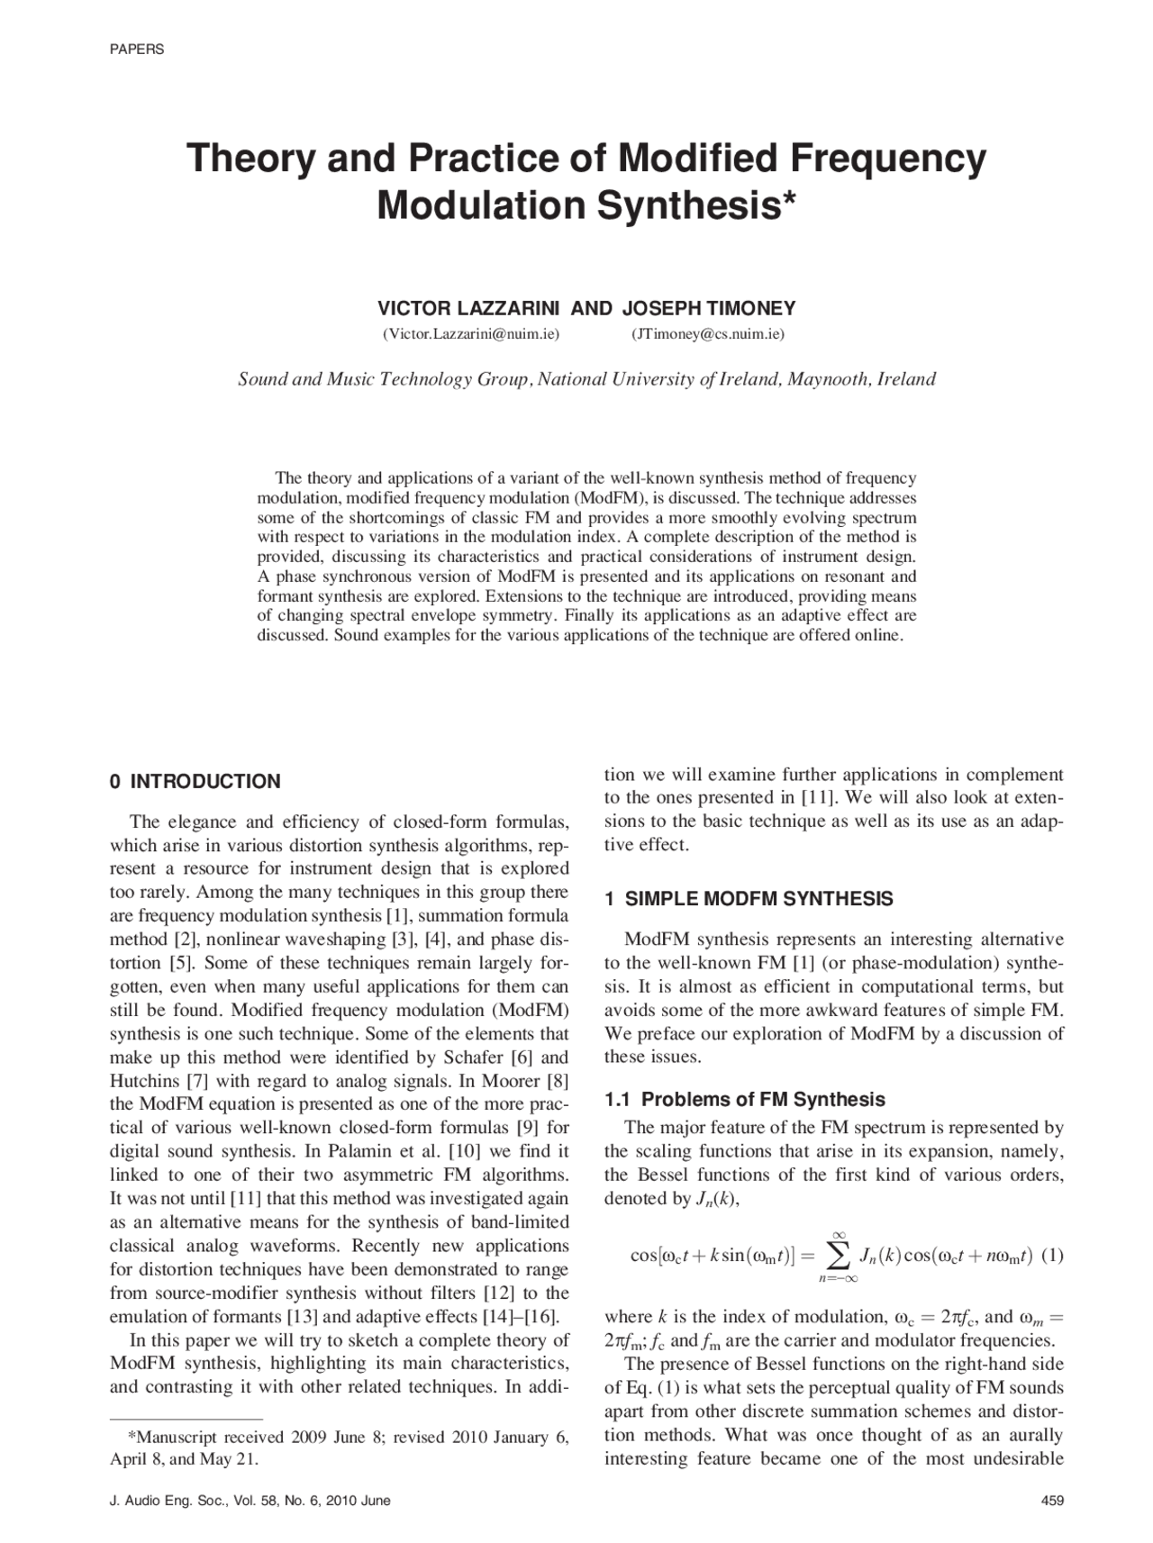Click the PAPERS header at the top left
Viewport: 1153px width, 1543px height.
tap(137, 50)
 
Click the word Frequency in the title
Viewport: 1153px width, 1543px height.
tap(888, 159)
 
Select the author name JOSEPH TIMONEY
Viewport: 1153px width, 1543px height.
tap(709, 309)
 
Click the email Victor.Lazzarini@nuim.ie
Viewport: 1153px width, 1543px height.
tap(471, 334)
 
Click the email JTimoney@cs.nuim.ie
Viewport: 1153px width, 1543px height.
tap(707, 334)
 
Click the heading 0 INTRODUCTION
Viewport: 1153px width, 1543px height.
tap(195, 782)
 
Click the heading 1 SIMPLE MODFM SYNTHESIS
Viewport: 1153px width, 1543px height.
tap(749, 899)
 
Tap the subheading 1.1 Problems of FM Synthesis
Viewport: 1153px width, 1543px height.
tap(744, 1099)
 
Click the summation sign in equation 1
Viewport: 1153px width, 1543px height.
tap(838, 1254)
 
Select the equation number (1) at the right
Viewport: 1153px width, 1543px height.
tap(1052, 1255)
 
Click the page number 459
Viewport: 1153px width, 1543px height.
tap(1052, 1501)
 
